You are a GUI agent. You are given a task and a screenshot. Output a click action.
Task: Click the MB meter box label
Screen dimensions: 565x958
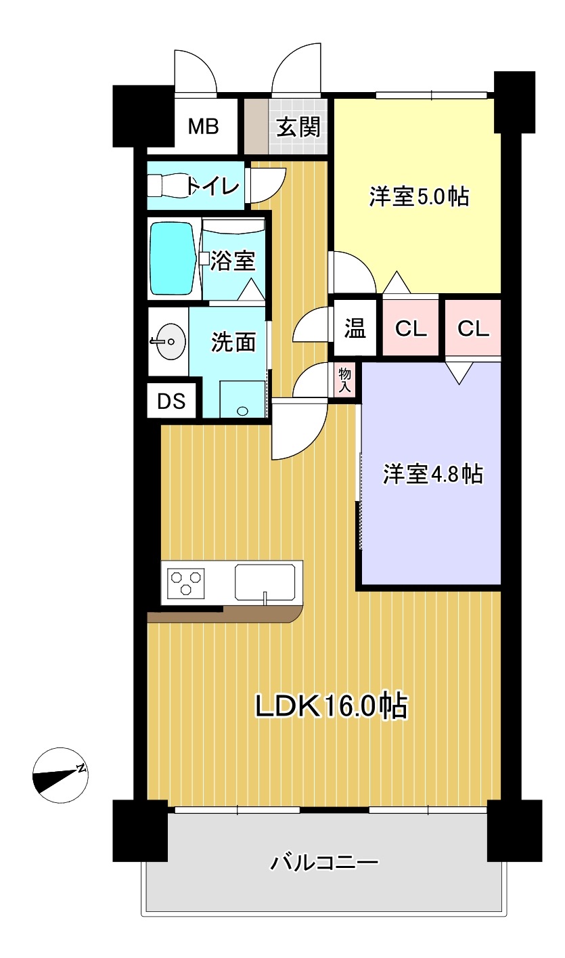pyautogui.click(x=204, y=127)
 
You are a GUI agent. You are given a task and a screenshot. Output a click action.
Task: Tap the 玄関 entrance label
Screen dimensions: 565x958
pyautogui.click(x=298, y=127)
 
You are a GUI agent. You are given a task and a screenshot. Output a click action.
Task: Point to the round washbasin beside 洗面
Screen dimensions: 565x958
pyautogui.click(x=170, y=341)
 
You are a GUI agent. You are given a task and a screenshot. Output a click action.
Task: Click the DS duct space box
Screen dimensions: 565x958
pyautogui.click(x=172, y=401)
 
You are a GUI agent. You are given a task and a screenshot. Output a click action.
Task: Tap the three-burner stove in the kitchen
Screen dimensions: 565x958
pyautogui.click(x=185, y=582)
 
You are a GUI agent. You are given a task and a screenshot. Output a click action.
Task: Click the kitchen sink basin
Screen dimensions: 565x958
pyautogui.click(x=265, y=582)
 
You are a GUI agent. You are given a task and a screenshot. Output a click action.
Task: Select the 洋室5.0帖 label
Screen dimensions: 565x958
pyautogui.click(x=419, y=197)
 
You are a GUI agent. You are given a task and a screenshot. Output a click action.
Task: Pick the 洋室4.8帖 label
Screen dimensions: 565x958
pyautogui.click(x=433, y=474)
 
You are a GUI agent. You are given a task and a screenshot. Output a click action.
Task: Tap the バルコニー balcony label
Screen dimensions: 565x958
pyautogui.click(x=324, y=863)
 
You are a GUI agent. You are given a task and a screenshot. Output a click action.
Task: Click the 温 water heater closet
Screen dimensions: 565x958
pyautogui.click(x=355, y=328)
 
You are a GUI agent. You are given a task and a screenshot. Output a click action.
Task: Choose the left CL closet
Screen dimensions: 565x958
pyautogui.click(x=411, y=328)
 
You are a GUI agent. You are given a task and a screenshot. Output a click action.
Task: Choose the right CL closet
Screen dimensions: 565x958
pyautogui.click(x=473, y=328)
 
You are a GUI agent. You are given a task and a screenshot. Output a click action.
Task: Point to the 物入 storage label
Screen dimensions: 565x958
pyautogui.click(x=345, y=380)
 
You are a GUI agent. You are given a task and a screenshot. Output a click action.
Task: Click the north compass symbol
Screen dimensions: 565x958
pyautogui.click(x=60, y=775)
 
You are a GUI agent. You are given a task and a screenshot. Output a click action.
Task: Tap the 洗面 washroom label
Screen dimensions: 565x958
pyautogui.click(x=233, y=342)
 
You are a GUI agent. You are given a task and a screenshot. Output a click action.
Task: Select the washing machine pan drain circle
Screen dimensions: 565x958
pyautogui.click(x=242, y=411)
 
